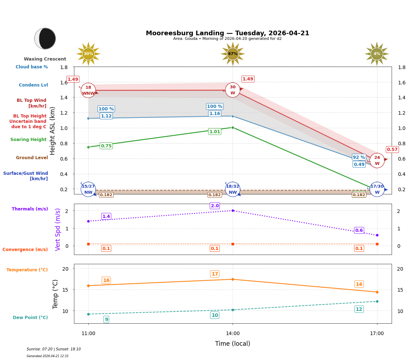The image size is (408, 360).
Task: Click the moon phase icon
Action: click(x=45, y=38)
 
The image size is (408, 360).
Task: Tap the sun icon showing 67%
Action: click(x=233, y=54)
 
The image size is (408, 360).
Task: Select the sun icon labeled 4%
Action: click(x=377, y=54)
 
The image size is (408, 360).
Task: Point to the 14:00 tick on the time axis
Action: click(x=233, y=334)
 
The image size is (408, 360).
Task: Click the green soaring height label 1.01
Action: click(x=214, y=132)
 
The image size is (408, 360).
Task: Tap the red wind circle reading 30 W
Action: click(x=233, y=90)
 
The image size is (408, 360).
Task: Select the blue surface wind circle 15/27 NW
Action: click(x=88, y=189)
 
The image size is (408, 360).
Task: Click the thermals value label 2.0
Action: click(x=214, y=206)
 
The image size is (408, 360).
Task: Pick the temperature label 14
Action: click(x=359, y=284)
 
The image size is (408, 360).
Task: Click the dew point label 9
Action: click(x=106, y=319)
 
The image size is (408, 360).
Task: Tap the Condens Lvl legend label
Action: click(x=33, y=85)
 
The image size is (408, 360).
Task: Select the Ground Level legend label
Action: click(x=32, y=158)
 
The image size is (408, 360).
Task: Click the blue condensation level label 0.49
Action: click(x=359, y=165)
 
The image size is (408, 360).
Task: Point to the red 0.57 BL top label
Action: click(x=392, y=150)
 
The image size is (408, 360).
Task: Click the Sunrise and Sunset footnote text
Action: click(x=53, y=349)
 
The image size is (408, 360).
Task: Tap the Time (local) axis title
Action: click(x=233, y=344)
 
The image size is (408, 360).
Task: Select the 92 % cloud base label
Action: click(x=359, y=157)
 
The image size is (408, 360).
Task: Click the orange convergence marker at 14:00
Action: click(x=233, y=244)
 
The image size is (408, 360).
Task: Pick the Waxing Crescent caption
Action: click(x=45, y=59)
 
